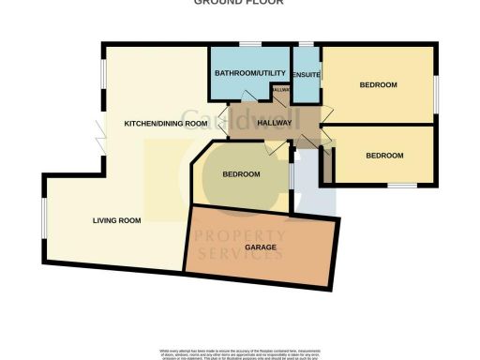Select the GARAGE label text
click(260, 247)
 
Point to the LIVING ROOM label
click(116, 221)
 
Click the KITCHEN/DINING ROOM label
click(166, 124)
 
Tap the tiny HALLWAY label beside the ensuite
click(280, 90)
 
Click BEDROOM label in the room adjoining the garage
click(241, 175)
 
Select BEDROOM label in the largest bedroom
click(379, 85)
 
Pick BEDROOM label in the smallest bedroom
click(384, 155)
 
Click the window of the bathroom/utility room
click(249, 44)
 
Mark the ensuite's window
click(307, 44)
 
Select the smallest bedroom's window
click(401, 185)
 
